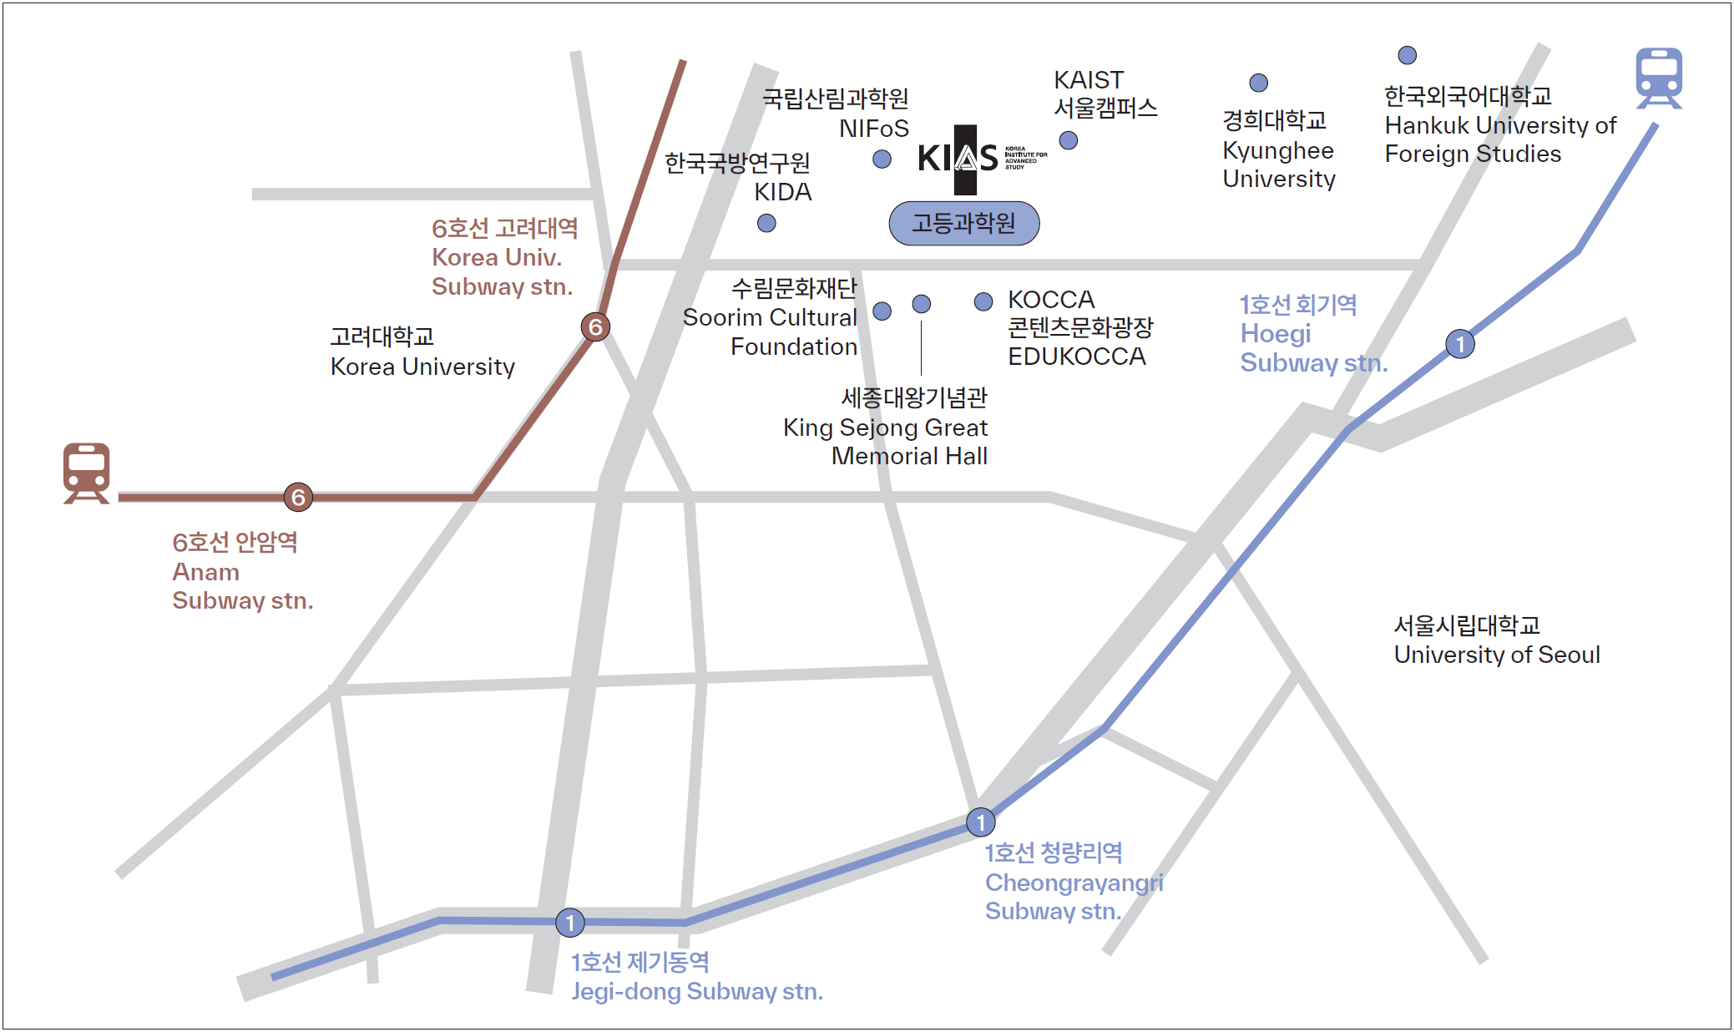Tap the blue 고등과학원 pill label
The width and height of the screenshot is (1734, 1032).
963,223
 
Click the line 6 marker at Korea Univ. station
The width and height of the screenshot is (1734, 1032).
595,326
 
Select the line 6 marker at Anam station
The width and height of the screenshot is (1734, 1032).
298,498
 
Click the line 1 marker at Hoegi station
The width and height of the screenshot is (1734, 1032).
1459,344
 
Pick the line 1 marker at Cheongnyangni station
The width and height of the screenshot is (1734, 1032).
980,822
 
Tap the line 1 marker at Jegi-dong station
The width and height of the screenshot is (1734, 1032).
570,923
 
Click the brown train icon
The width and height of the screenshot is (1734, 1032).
87,473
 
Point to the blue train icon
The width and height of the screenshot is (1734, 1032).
1659,78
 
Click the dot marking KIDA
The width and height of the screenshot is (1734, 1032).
766,223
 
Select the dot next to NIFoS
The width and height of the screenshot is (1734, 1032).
882,159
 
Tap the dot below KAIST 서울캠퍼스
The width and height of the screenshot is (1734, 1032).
1068,140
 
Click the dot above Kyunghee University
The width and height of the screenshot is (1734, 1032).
1258,83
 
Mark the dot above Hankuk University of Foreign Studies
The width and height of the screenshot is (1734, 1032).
1407,55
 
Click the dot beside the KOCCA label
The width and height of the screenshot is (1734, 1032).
983,301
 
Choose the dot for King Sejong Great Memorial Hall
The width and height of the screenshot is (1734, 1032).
921,304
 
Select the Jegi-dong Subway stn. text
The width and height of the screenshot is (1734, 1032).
696,992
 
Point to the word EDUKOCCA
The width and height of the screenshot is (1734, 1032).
1076,357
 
